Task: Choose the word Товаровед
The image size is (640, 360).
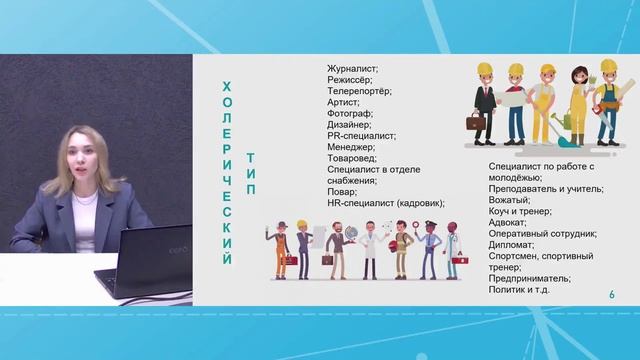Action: click(x=352, y=158)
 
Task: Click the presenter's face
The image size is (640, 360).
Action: click(x=81, y=156)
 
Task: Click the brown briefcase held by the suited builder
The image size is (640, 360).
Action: click(x=478, y=129)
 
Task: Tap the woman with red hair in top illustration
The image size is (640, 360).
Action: click(x=577, y=100)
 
